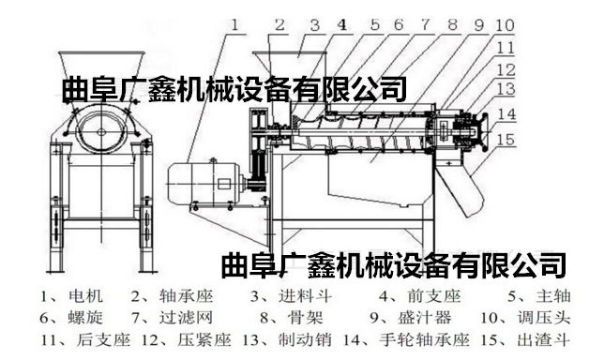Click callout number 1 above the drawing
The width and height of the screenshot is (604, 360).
234,25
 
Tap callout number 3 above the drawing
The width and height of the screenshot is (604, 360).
315,25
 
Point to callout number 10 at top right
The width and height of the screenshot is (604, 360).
505,25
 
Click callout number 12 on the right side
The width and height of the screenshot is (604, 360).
506,70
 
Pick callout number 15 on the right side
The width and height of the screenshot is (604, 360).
506,140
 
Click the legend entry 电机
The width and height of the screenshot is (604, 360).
86,296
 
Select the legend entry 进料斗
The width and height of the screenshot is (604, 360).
305,296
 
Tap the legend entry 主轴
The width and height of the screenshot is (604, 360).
552,296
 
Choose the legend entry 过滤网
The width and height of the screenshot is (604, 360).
186,318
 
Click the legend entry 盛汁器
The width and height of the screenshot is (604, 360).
424,318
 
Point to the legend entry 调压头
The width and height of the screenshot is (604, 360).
544,318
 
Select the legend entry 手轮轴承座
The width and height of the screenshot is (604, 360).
425,340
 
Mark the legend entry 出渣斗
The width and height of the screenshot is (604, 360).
544,340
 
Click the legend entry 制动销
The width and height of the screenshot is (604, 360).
305,340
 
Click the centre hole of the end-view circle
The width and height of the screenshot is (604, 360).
101,132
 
